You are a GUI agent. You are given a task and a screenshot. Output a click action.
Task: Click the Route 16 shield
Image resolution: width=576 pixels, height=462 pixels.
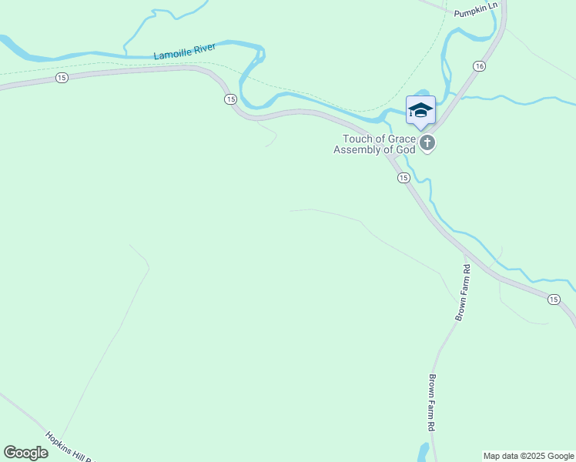click(x=479, y=66)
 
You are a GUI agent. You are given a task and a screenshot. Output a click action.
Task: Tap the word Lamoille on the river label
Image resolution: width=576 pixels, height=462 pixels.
click(x=173, y=53)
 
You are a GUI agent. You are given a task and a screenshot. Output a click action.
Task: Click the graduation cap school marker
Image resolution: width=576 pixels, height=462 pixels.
click(x=420, y=110)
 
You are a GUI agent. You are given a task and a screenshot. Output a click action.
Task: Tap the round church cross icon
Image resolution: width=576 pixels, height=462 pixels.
click(x=427, y=142)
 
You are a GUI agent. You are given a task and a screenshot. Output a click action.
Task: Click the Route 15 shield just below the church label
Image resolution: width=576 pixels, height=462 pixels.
click(x=404, y=178)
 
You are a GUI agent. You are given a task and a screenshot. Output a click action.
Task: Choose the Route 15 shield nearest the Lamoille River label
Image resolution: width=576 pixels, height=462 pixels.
click(x=61, y=78)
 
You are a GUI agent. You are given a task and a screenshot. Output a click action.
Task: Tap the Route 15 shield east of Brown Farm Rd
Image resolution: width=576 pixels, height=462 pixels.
click(x=554, y=299)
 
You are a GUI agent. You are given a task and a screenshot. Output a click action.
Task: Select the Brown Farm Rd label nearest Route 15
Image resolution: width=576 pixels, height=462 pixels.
click(x=463, y=293)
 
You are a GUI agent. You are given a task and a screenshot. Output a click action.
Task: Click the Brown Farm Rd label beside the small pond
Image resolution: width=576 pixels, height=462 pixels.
click(x=432, y=403)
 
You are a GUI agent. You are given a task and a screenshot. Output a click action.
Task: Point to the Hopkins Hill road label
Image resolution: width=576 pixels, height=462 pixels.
click(x=69, y=447)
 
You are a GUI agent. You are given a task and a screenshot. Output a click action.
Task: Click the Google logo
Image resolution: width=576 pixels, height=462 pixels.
click(x=26, y=453)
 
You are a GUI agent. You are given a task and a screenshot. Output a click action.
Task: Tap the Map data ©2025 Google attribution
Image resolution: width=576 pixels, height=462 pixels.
click(x=529, y=456)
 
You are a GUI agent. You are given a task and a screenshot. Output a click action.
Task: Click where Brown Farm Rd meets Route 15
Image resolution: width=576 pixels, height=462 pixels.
click(x=465, y=253)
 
